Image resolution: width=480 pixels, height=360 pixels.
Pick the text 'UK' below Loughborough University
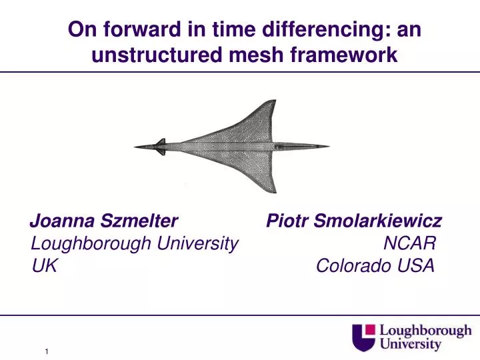44,267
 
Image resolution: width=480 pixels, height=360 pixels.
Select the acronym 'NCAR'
409,244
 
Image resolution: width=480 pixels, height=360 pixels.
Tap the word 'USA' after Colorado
417,267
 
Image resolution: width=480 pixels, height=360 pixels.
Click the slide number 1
48,351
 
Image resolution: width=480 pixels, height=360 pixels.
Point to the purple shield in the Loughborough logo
365,336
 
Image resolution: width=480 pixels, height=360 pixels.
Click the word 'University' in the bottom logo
411,344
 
